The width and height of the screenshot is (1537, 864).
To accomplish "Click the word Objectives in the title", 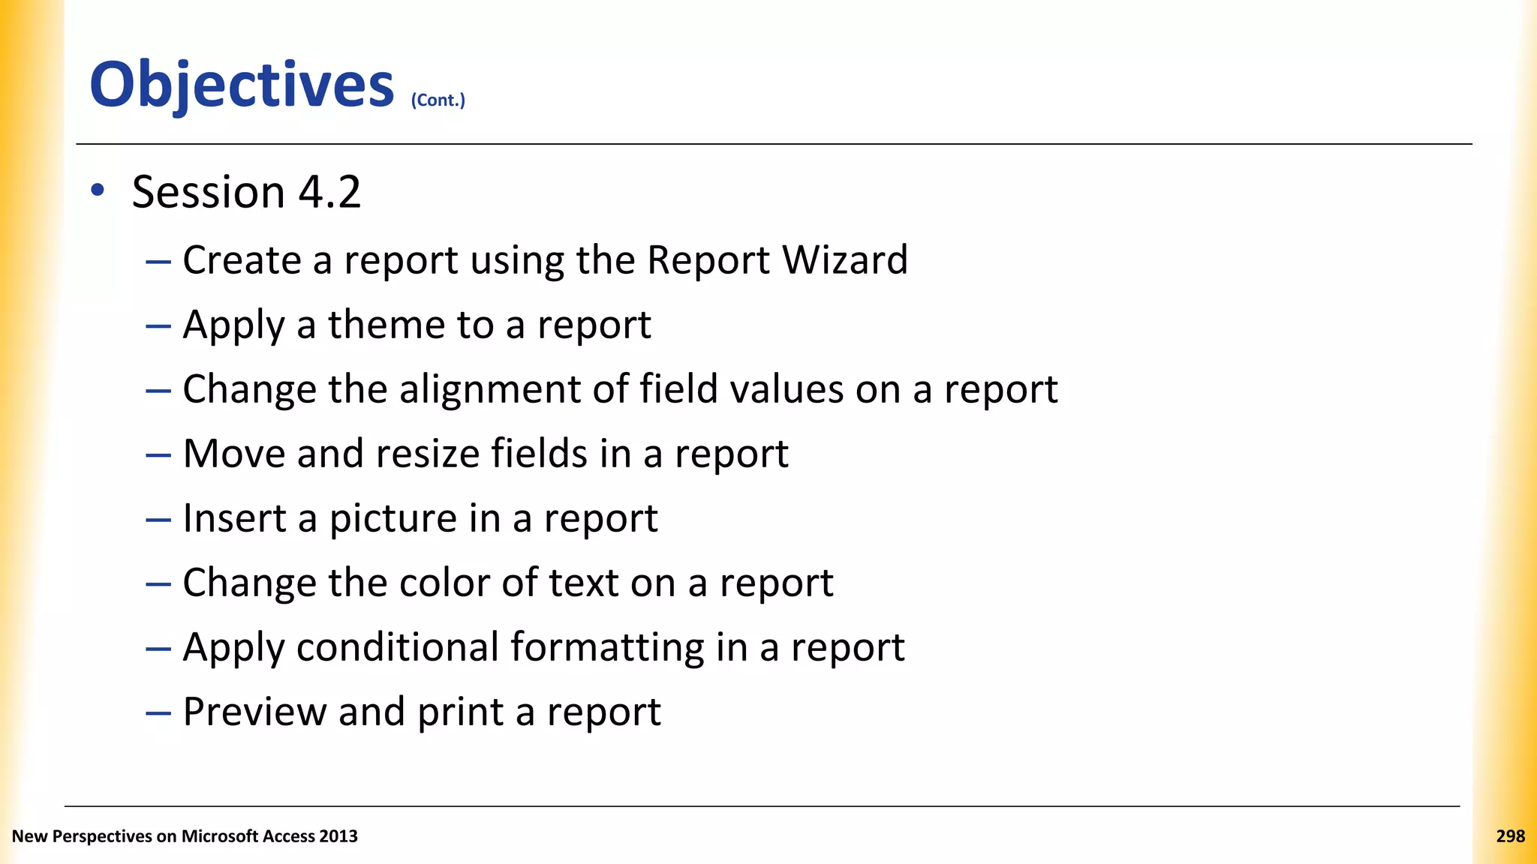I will pos(242,84).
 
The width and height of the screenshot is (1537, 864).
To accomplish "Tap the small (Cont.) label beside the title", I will pos(438,100).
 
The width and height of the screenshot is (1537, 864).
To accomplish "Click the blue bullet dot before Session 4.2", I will pos(98,190).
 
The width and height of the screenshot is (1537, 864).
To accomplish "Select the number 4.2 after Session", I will pos(329,192).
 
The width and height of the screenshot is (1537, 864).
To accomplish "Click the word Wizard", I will pos(844,260).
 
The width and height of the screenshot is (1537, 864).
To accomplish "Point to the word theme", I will pos(386,325).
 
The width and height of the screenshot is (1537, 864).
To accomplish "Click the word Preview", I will pos(254,712).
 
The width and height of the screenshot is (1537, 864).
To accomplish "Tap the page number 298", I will pos(1510,836).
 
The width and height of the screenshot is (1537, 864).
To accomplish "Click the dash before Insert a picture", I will pos(158,519).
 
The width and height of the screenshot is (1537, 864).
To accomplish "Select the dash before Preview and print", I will pos(158,712).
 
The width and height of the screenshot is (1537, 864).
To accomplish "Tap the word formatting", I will pos(607,647).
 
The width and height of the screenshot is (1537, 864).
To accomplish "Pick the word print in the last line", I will pos(460,712).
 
